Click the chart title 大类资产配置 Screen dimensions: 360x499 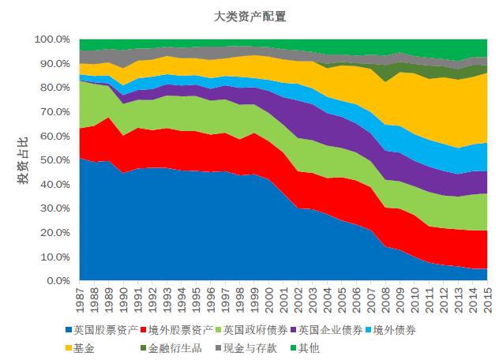tap(249, 16)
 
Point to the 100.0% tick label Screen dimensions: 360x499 tap(53, 39)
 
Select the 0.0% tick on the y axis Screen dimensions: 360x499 tap(58, 281)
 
